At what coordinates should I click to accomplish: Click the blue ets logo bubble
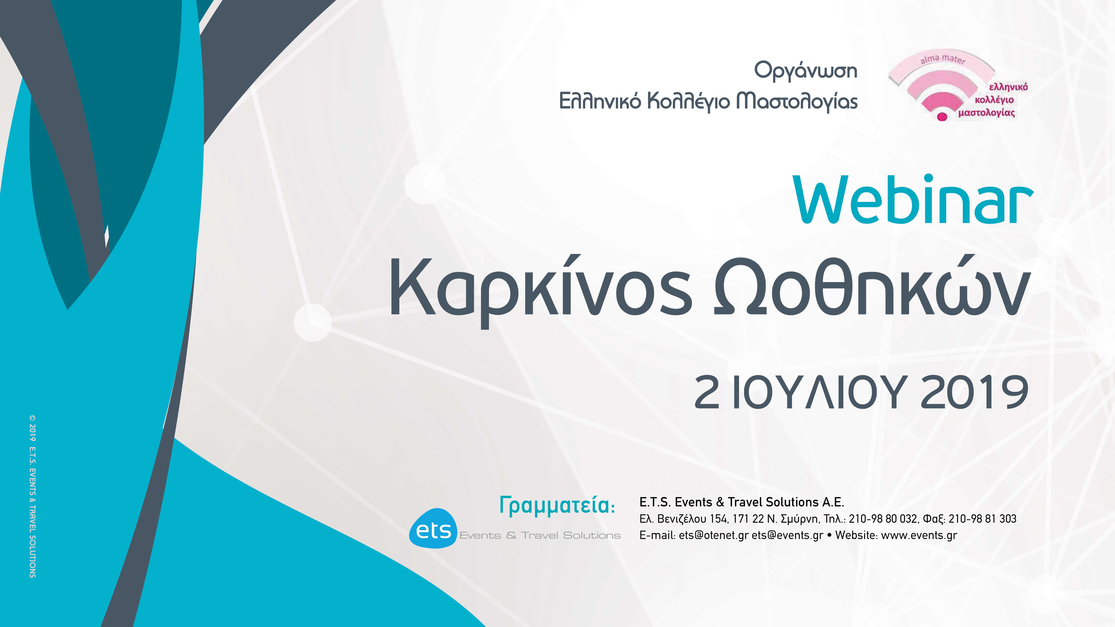coord(433,529)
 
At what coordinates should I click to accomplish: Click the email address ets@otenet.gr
coord(713,535)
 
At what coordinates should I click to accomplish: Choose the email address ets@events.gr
coord(787,535)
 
